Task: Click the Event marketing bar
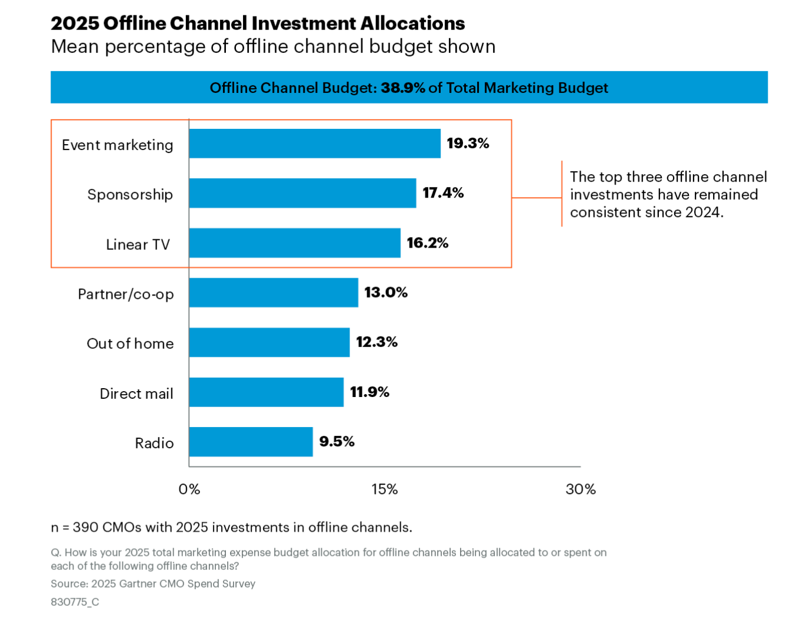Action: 315,144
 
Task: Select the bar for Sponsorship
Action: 302,193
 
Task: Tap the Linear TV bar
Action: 295,243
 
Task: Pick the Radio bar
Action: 251,442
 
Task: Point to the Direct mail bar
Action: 266,392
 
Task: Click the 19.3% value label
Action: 468,144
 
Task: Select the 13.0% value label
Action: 386,292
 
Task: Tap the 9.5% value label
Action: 337,442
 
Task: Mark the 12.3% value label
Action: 377,342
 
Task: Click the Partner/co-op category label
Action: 126,294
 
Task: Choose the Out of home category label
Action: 130,343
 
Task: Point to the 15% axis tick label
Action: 385,489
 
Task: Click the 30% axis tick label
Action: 581,489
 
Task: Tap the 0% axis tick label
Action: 189,489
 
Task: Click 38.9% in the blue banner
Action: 403,88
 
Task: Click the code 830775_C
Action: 75,602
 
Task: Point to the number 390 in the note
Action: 85,528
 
